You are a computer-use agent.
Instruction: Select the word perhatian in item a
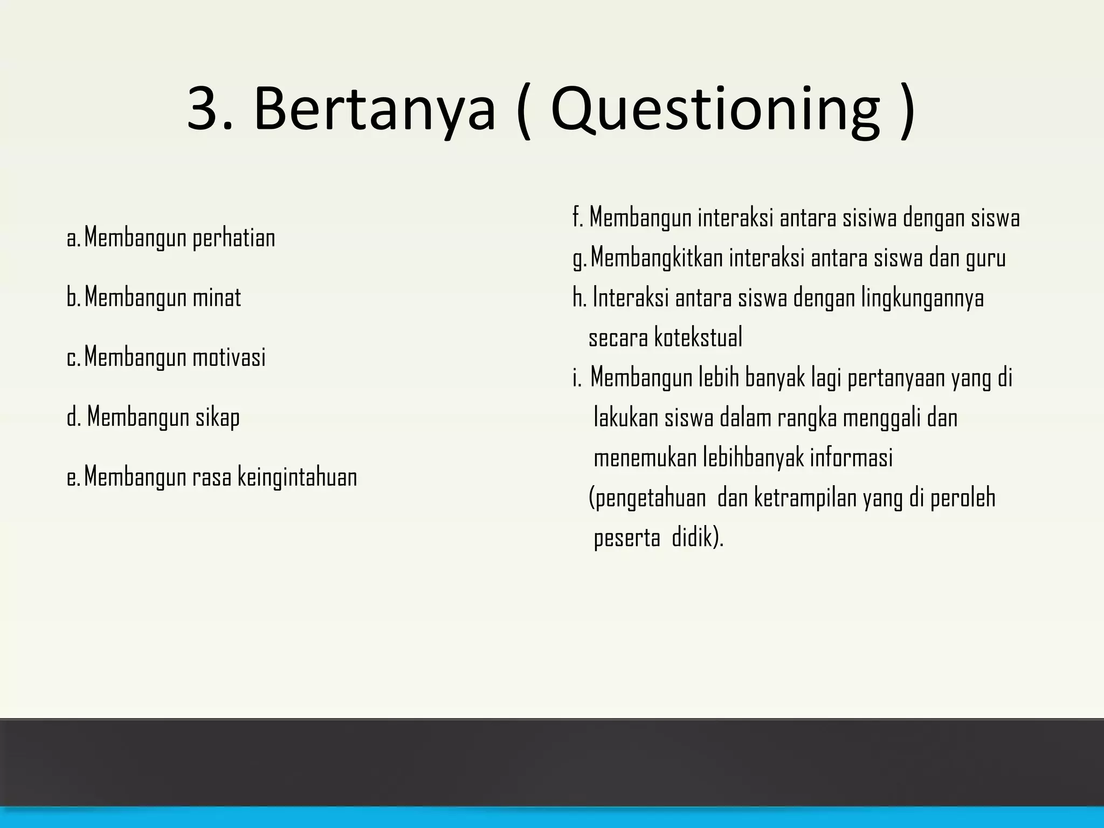(x=233, y=238)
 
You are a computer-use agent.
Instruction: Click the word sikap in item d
(x=217, y=417)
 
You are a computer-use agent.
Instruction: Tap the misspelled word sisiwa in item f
(x=867, y=218)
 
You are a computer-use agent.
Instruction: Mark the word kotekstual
(x=698, y=338)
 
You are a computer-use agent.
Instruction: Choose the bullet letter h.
(x=579, y=298)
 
